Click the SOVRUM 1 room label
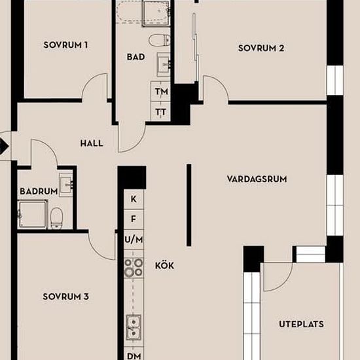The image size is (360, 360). tap(65, 45)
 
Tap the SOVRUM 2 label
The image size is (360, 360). tap(261, 48)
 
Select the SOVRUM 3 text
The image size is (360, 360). tap(65, 297)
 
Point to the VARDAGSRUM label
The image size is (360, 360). tap(257, 179)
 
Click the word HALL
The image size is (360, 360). tap(92, 143)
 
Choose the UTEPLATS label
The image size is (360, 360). tap(302, 324)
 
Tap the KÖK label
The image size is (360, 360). tap(164, 266)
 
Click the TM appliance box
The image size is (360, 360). tap(160, 92)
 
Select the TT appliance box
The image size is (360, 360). tap(160, 111)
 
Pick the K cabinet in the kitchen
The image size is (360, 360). tap(134, 199)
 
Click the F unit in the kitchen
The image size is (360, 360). tap(134, 219)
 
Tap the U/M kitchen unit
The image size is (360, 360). tap(134, 240)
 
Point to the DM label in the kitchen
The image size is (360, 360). tap(134, 356)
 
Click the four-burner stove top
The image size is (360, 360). tap(134, 268)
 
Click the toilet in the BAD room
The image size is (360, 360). tap(160, 40)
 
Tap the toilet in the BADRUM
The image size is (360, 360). tap(56, 218)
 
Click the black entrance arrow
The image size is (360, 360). tap(4, 146)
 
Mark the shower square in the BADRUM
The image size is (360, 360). tap(33, 214)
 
